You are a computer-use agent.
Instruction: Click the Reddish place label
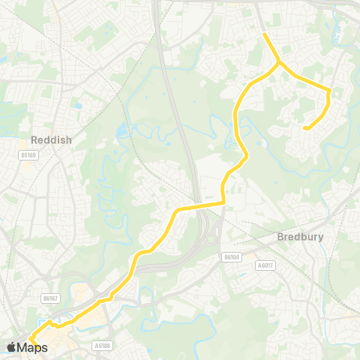pos(49,140)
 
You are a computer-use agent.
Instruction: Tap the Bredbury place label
pos(299,236)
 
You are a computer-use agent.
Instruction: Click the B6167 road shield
pos(50,298)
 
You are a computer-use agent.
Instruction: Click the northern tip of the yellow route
pos(264,34)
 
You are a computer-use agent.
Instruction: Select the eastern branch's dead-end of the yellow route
pos(304,128)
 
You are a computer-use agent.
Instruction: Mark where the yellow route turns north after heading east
pos(224,201)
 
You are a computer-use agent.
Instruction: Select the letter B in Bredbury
pos(280,236)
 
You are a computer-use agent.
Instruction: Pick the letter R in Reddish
pos(35,140)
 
